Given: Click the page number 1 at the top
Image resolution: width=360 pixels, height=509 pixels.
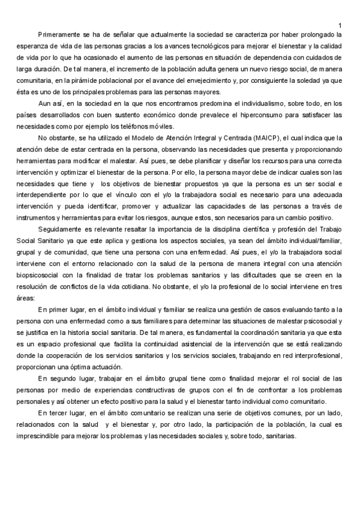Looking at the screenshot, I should pyautogui.click(x=340, y=25).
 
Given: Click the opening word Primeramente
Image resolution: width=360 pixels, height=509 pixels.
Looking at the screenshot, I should pyautogui.click(x=58, y=34).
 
